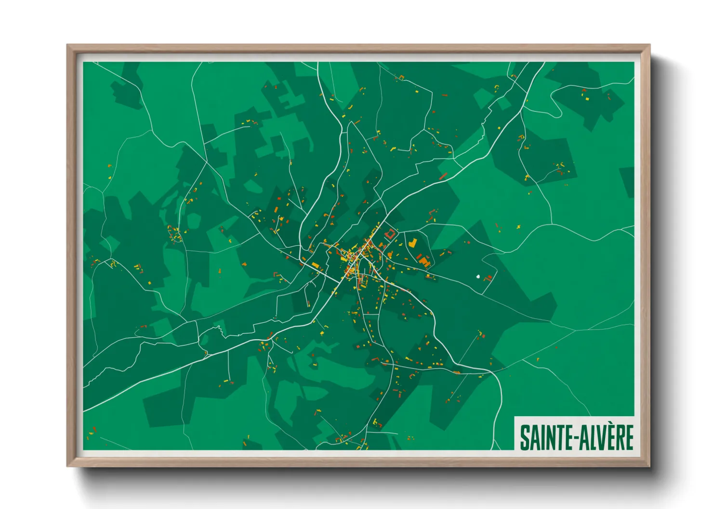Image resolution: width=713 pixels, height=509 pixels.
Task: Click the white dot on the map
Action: (478, 277)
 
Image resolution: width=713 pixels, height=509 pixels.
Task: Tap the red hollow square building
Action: (390, 234)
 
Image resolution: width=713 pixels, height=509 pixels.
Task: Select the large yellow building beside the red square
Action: (412, 242)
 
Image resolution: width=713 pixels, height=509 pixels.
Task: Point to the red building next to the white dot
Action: (488, 278)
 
